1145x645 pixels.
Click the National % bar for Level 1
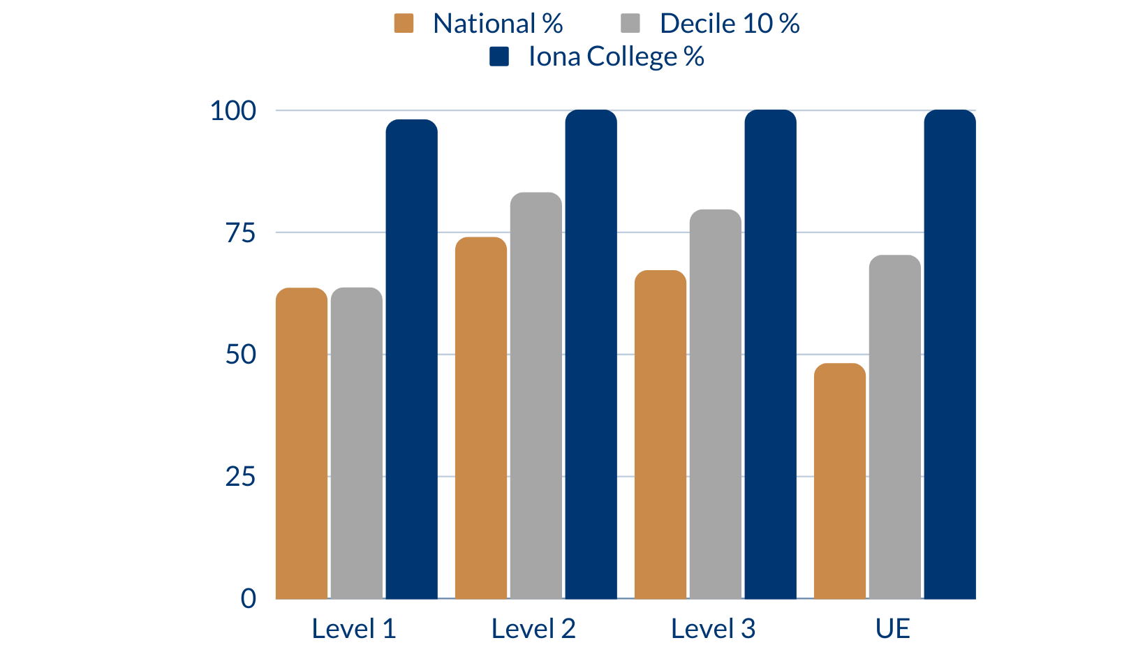coord(302,443)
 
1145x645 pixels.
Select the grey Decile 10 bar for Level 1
coord(357,443)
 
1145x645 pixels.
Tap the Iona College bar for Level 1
coord(412,359)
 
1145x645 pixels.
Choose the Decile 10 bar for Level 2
coord(536,395)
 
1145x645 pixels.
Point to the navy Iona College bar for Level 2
coord(591,355)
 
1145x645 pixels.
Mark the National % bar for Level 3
coord(660,434)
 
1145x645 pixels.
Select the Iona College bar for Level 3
coord(771,355)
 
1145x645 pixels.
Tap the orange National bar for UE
coord(840,481)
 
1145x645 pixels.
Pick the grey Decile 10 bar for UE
coord(895,427)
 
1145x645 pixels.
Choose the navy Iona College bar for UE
coord(950,355)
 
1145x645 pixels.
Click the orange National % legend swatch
coord(404,24)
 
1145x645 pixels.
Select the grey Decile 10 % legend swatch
coord(630,24)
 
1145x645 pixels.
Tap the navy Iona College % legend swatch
coord(499,57)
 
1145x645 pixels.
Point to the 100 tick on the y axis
coord(233,110)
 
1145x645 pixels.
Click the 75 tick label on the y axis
coord(241,232)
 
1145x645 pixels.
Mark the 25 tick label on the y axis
coord(241,477)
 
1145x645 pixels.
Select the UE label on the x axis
coord(893,628)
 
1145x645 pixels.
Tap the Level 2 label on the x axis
coord(533,628)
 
